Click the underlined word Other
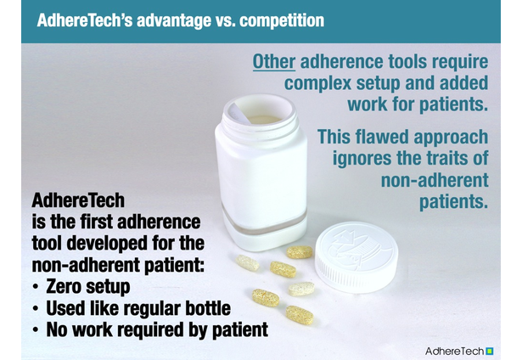pos(274,62)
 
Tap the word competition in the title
pos(282,20)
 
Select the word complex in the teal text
pos(317,84)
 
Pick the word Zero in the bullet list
pos(65,286)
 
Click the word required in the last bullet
pos(149,330)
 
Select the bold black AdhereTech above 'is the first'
pos(78,200)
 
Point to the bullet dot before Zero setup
pos(36,287)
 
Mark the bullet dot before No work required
pos(36,330)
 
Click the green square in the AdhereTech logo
pos(490,351)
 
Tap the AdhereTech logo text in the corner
pos(455,351)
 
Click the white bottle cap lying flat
pos(356,257)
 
